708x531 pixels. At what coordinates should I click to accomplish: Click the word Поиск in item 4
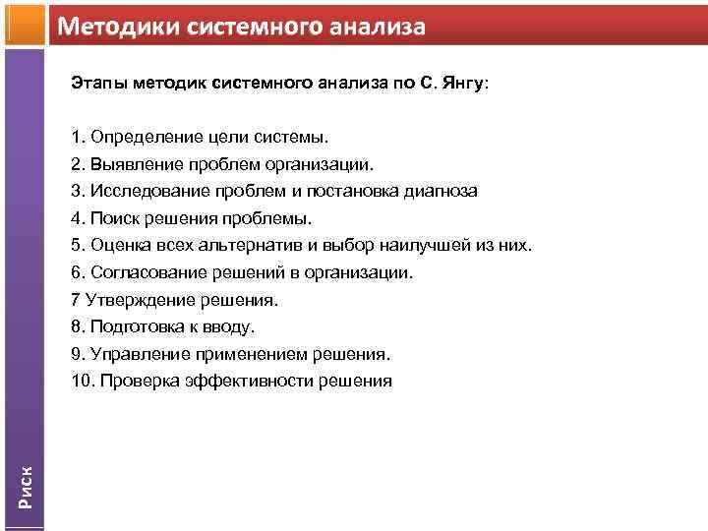click(111, 218)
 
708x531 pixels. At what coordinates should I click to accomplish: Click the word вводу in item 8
click(229, 326)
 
